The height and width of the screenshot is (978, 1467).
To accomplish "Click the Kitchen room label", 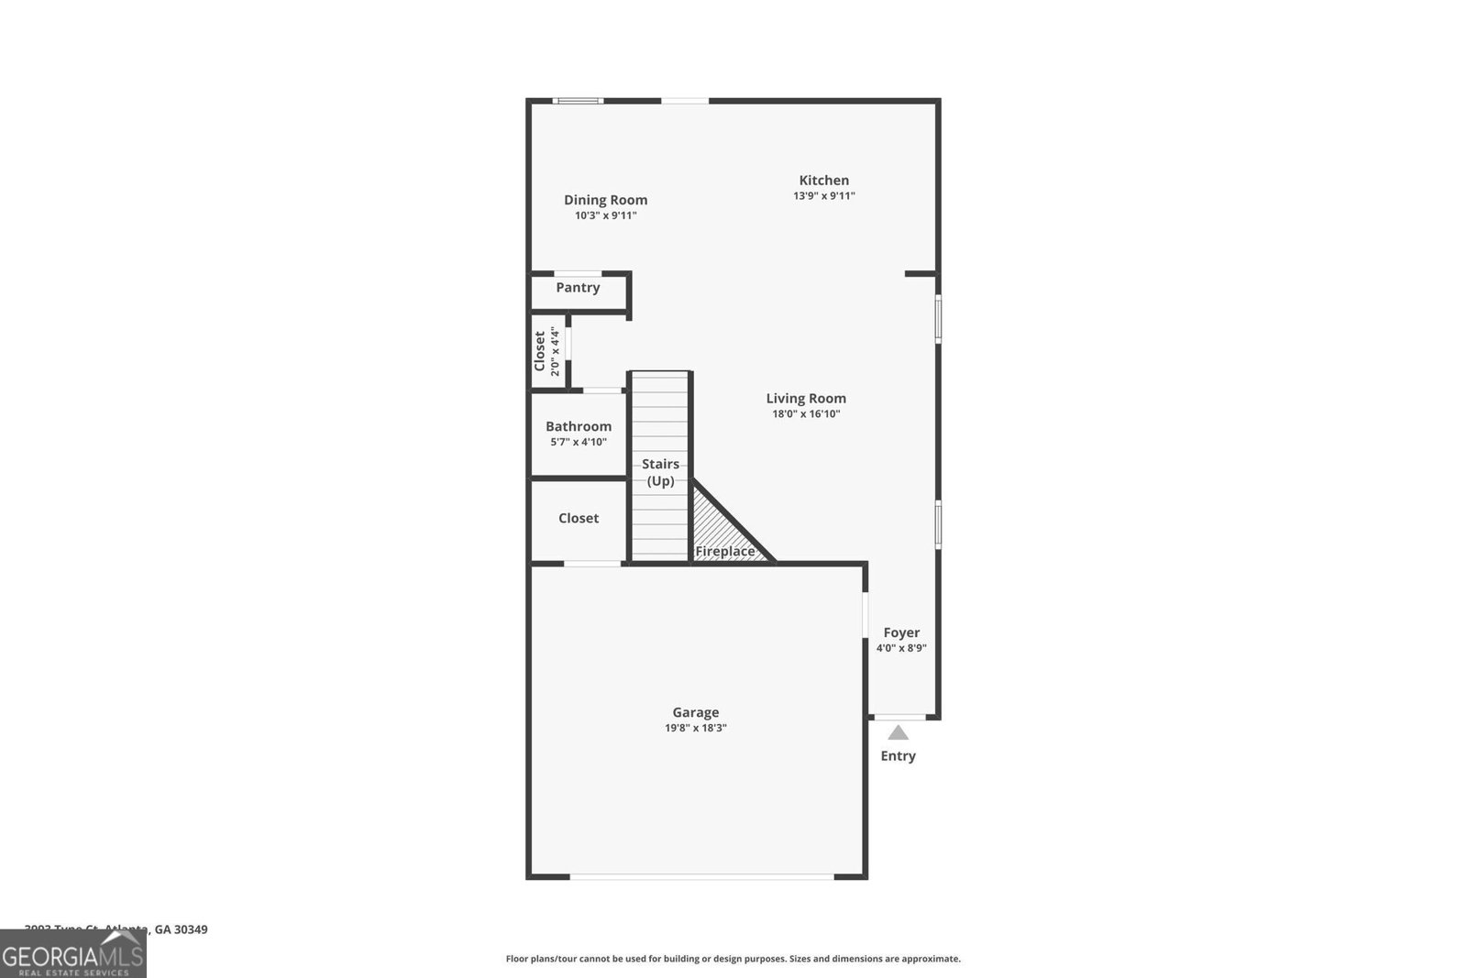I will point(823,181).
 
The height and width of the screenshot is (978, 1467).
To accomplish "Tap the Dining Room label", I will point(605,200).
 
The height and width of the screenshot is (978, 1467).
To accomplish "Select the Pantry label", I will point(578,288).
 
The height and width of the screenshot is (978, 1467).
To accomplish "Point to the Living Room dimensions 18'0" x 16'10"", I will point(806,414).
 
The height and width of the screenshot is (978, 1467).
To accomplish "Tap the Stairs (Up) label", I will point(660,472).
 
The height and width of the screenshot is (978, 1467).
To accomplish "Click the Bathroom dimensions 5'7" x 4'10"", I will point(579,442).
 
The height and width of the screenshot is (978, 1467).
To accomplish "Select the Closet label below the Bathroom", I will point(579,518).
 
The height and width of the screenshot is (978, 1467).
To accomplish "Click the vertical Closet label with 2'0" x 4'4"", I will point(546,351).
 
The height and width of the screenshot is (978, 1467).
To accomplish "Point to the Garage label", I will point(695,712).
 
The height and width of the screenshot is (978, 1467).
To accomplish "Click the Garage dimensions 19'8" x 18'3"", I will point(695,728).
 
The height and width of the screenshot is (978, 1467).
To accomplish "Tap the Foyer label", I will point(901,632).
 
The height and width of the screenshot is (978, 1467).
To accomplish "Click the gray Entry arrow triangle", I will point(898,732).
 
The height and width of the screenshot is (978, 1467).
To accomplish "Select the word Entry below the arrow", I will point(898,756).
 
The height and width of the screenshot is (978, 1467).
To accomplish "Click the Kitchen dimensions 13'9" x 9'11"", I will point(823,196).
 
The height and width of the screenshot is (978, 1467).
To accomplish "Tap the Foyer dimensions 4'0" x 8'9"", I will point(901,648).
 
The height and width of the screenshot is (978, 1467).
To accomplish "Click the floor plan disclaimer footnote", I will point(733,959).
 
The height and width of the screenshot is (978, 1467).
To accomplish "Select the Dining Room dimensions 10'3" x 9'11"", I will point(605,216).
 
